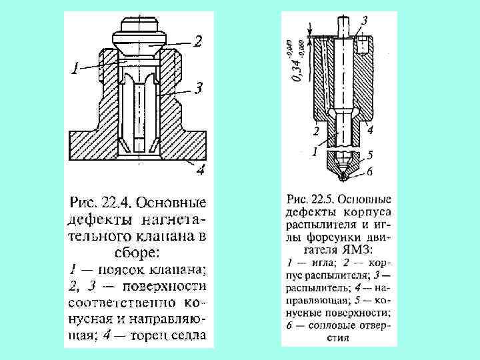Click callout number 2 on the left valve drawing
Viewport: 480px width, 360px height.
point(197,42)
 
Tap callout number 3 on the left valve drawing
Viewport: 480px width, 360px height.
point(197,87)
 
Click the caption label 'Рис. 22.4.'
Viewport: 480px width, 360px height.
point(97,201)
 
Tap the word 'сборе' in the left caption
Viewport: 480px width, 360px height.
point(133,253)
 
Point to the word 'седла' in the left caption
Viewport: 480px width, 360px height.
point(188,336)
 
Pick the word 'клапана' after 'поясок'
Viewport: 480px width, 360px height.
point(179,269)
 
